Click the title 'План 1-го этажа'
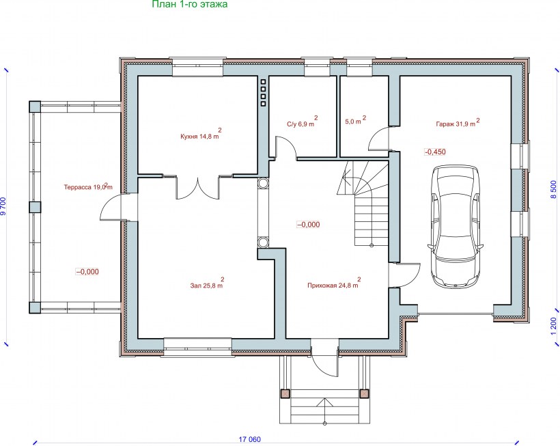[x=190, y=4]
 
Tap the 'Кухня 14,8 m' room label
[x=201, y=135]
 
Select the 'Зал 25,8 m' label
[x=207, y=284]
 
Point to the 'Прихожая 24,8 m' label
[x=334, y=284]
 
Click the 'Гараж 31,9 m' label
[x=458, y=123]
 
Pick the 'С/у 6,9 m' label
[x=302, y=122]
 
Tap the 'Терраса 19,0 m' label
[x=88, y=186]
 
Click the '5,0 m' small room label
[x=355, y=120]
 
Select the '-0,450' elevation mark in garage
[x=435, y=152]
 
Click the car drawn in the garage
[x=456, y=226]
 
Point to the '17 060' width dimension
[x=250, y=439]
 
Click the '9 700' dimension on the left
[x=3, y=206]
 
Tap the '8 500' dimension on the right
[x=554, y=189]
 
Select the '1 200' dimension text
[x=554, y=326]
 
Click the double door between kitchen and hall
[x=197, y=187]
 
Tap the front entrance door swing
[x=321, y=364]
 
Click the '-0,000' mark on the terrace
[x=87, y=272]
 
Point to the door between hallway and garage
[x=408, y=275]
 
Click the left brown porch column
[x=285, y=393]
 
